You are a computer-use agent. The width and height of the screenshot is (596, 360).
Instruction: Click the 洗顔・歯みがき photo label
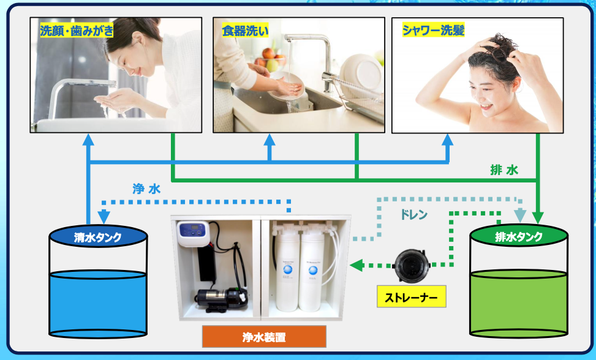tap(77, 31)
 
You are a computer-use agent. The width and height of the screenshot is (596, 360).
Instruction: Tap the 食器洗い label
tap(245, 31)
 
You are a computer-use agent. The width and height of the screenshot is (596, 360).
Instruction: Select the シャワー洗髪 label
tap(433, 30)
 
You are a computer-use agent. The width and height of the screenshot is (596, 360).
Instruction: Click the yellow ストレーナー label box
tap(411, 296)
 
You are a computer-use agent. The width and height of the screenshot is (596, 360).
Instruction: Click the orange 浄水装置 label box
tap(264, 337)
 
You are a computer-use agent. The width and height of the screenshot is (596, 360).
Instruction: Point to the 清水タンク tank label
tap(98, 238)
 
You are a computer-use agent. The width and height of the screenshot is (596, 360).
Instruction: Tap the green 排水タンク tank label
tap(519, 237)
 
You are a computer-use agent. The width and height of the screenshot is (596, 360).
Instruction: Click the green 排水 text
tap(504, 170)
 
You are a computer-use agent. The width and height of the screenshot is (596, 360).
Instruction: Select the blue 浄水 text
tap(146, 189)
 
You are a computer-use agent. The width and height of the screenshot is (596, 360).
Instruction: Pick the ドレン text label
tap(414, 215)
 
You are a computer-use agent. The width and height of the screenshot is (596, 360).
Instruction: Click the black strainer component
tap(412, 266)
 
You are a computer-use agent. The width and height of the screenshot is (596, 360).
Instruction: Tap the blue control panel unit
tap(193, 233)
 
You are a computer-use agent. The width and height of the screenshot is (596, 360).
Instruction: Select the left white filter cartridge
tap(287, 271)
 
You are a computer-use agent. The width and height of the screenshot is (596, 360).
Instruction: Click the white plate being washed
tap(287, 87)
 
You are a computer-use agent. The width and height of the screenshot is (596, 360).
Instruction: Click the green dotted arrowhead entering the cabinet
tap(356, 265)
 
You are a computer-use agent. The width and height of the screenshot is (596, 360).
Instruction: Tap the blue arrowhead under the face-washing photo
tap(88, 140)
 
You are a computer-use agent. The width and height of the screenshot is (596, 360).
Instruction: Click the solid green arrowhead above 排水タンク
tap(537, 217)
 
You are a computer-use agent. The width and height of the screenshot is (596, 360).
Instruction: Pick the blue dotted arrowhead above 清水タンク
tap(104, 217)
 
